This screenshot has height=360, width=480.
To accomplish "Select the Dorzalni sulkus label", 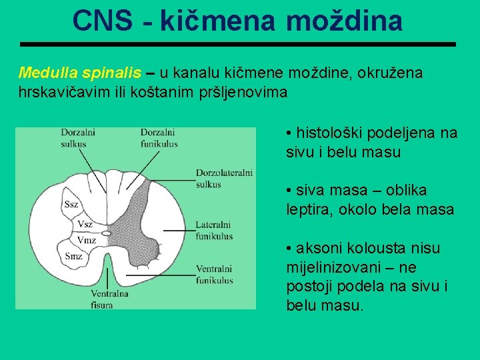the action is click(x=78, y=137).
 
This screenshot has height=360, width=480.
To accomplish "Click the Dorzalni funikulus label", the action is click(x=159, y=137).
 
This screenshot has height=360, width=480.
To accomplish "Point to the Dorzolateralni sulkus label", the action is click(x=224, y=178).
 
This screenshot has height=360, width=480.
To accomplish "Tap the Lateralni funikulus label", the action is click(x=214, y=230).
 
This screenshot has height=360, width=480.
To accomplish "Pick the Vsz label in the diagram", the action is click(x=85, y=224).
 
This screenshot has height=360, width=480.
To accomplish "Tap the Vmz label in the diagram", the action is click(x=87, y=239).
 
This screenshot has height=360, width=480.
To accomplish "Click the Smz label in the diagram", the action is click(x=74, y=255).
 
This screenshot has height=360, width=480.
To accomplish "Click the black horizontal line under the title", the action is click(x=238, y=44).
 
